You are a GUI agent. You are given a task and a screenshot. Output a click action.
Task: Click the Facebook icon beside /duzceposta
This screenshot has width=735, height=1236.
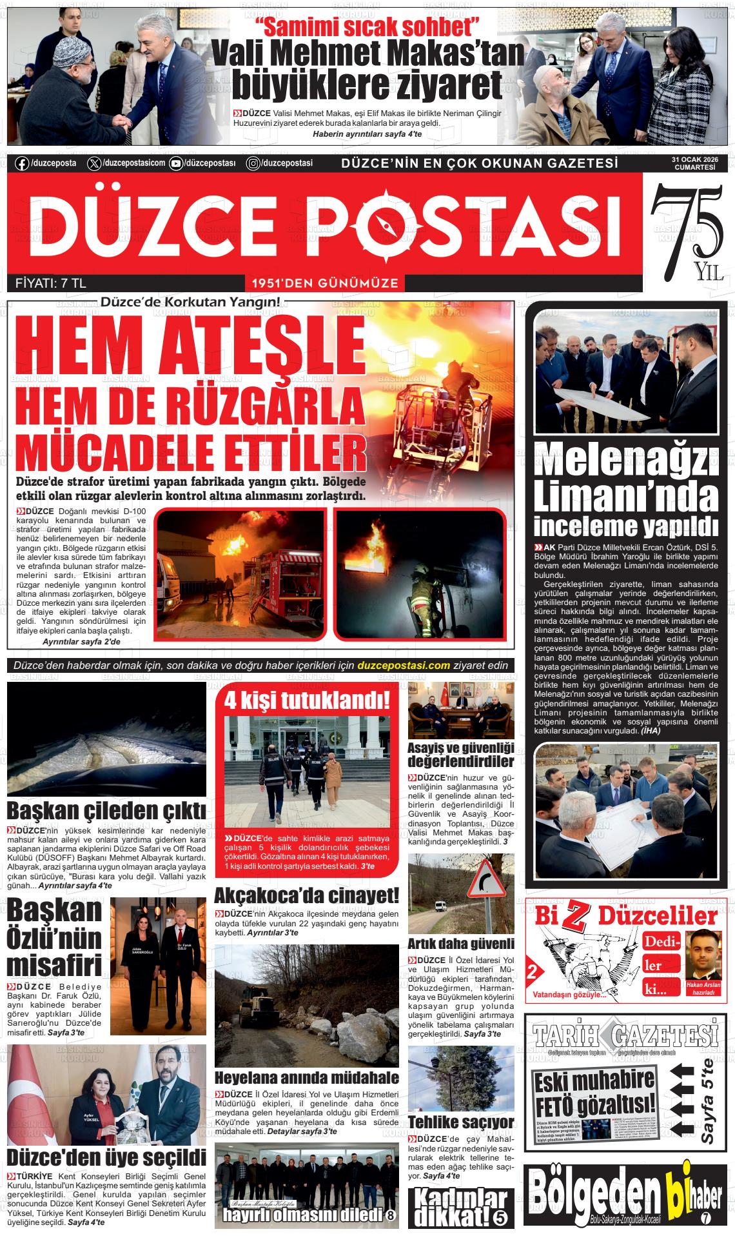tap(22, 164)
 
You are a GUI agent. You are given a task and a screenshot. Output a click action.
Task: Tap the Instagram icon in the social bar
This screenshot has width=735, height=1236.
tap(253, 164)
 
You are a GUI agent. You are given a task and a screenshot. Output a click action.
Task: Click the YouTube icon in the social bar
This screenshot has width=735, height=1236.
tap(175, 164)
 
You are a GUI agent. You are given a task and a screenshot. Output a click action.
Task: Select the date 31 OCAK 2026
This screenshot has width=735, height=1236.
tap(695, 159)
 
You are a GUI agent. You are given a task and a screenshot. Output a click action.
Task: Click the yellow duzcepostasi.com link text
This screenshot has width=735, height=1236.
tap(403, 666)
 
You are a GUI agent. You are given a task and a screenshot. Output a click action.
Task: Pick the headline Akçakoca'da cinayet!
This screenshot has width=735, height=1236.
tap(306, 895)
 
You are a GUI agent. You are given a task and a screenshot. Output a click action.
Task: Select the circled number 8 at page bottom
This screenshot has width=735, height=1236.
tap(391, 1215)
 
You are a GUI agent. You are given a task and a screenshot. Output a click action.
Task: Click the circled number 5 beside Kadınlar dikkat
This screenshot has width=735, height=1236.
tap(501, 1217)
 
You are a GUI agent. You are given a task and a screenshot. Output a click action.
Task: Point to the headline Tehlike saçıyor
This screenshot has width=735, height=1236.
tap(461, 1121)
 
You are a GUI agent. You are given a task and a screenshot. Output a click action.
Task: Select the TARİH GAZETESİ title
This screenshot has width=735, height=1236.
tap(625, 1039)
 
